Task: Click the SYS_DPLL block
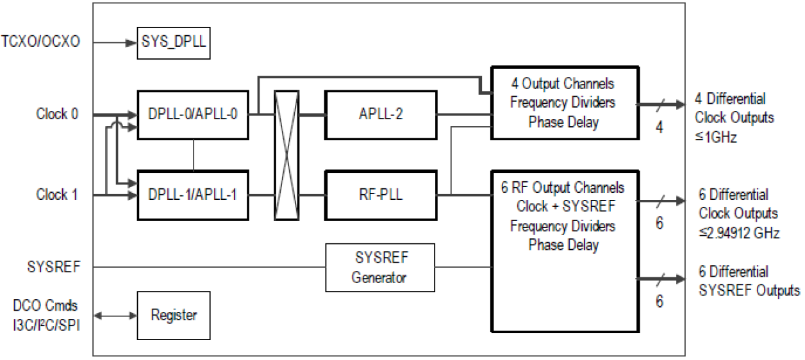click(174, 44)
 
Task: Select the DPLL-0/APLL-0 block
click(193, 115)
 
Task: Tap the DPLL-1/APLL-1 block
click(193, 194)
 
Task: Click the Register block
click(174, 315)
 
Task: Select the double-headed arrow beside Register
click(115, 315)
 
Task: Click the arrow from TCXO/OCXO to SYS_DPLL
click(115, 43)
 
